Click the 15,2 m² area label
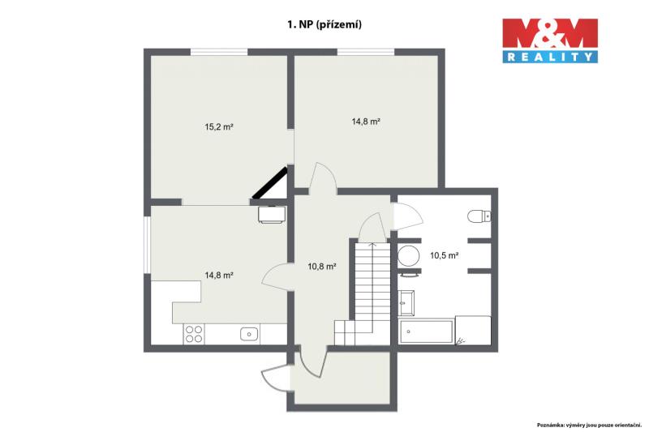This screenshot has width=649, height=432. pyautogui.click(x=219, y=127)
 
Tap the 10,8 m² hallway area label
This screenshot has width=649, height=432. pyautogui.click(x=321, y=267)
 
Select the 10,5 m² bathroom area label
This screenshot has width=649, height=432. pyautogui.click(x=444, y=255)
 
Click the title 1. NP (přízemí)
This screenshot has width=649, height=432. pyautogui.click(x=324, y=24)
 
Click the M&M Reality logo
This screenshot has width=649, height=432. pyautogui.click(x=550, y=41)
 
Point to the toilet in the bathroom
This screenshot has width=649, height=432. pyautogui.click(x=479, y=216)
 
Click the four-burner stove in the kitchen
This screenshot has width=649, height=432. pyautogui.click(x=194, y=334)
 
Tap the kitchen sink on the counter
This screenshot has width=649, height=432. pyautogui.click(x=249, y=334)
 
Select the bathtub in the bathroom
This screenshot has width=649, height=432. pyautogui.click(x=425, y=331)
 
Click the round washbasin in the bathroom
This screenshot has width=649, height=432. pyautogui.click(x=409, y=256)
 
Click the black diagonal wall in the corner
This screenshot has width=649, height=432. pyautogui.click(x=270, y=182)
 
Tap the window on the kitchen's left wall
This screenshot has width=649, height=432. pyautogui.click(x=147, y=245)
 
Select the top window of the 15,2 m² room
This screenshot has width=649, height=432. pyautogui.click(x=219, y=52)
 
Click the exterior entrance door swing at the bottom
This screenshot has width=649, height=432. pyautogui.click(x=276, y=376)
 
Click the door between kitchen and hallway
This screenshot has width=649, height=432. pyautogui.click(x=277, y=278)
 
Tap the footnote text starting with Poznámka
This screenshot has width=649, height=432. pyautogui.click(x=589, y=425)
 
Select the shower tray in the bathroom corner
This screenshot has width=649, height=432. pyautogui.click(x=473, y=331)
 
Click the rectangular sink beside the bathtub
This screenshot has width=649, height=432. pyautogui.click(x=406, y=303)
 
